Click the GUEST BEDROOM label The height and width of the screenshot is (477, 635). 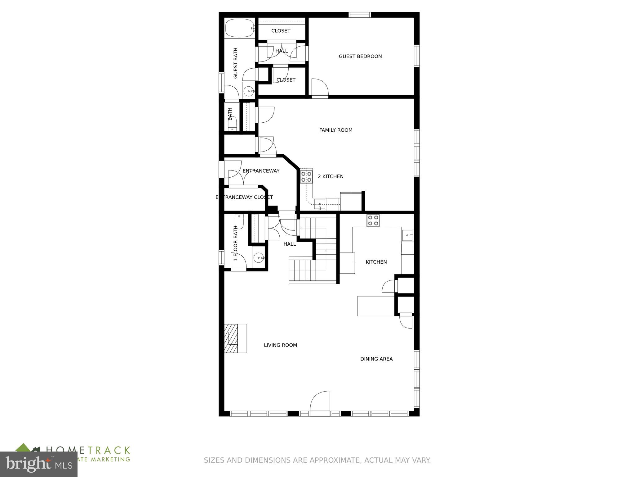pyautogui.click(x=360, y=57)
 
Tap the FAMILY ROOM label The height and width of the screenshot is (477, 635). pyautogui.click(x=336, y=130)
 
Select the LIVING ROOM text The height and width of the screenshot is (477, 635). pyautogui.click(x=280, y=345)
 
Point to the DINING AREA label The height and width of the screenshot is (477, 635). pyautogui.click(x=376, y=359)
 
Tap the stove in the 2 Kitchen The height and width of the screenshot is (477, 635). pyautogui.click(x=306, y=177)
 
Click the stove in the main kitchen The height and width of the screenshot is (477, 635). pyautogui.click(x=373, y=220)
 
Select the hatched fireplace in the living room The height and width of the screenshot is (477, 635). pyautogui.click(x=231, y=338)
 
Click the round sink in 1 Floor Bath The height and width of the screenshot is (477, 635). pyautogui.click(x=258, y=258)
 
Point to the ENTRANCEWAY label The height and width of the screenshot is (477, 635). pyautogui.click(x=261, y=171)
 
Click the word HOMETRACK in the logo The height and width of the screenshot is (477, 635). pyautogui.click(x=88, y=451)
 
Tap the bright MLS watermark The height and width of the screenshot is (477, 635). pyautogui.click(x=38, y=465)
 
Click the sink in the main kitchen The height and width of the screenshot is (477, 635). pyautogui.click(x=407, y=235)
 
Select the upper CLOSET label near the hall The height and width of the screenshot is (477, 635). pyautogui.click(x=281, y=31)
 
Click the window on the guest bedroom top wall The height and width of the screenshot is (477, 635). pyautogui.click(x=360, y=15)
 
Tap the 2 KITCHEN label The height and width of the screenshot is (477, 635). pyautogui.click(x=331, y=176)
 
